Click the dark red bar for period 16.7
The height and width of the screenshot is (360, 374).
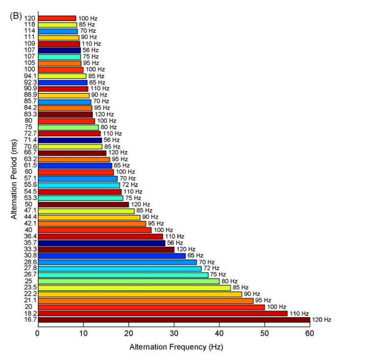click(174, 320)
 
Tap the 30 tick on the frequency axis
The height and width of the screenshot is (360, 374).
click(174, 333)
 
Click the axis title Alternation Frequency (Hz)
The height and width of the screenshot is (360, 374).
click(176, 347)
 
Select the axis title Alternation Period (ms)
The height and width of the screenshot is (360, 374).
click(15, 170)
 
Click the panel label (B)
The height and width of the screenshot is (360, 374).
click(16, 15)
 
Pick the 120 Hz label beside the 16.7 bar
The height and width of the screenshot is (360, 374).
click(321, 320)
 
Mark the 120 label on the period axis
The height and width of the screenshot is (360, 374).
click(29, 18)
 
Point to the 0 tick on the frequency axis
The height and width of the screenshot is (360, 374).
click(38, 333)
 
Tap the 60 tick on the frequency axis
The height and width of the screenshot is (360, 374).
click(310, 333)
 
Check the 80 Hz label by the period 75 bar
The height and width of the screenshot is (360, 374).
click(109, 127)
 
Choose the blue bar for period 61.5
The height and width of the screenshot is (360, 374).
click(75, 166)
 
